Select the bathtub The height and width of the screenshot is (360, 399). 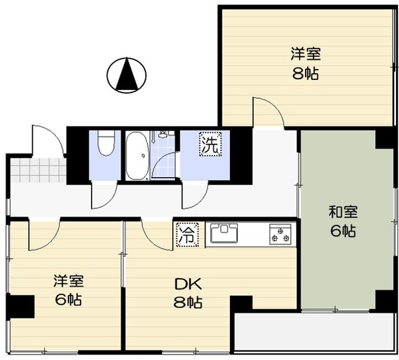(137, 156)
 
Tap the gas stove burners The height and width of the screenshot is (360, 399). (280, 235)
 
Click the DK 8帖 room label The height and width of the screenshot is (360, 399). (187, 294)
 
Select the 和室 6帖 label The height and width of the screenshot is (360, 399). (342, 221)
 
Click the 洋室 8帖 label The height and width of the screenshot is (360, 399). (305, 64)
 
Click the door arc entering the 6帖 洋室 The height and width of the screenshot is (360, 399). (44, 235)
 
